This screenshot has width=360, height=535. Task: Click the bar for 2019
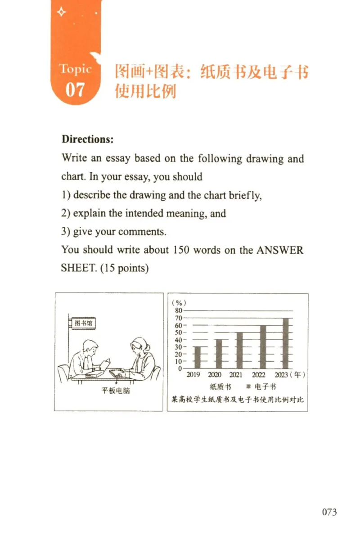(197, 357)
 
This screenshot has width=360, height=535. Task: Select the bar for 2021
(239, 350)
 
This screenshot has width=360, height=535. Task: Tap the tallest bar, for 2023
(285, 343)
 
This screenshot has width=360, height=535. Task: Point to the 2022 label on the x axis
(259, 375)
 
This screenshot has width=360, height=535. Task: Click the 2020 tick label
(215, 375)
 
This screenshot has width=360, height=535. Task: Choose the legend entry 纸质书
(220, 386)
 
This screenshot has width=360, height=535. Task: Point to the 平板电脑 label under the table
(116, 391)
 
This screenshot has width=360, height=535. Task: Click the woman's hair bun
(148, 347)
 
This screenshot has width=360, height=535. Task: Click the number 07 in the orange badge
(75, 90)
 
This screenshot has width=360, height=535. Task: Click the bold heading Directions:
(88, 139)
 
